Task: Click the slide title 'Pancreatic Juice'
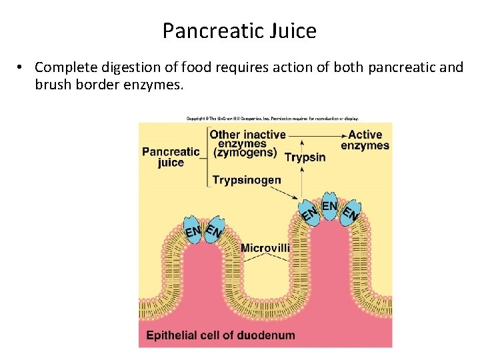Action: tap(239, 31)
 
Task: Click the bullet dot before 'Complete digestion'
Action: tap(21, 67)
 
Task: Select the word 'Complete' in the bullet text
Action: tap(61, 67)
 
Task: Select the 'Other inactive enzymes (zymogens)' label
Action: tap(243, 143)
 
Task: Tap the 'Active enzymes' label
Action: tap(365, 140)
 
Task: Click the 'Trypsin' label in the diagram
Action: tap(305, 158)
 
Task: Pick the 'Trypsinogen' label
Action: tap(246, 179)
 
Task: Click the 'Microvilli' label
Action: tap(265, 248)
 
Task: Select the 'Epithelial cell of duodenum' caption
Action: tap(221, 335)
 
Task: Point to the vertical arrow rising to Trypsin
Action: tap(303, 174)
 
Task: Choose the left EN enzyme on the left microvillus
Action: tap(193, 231)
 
